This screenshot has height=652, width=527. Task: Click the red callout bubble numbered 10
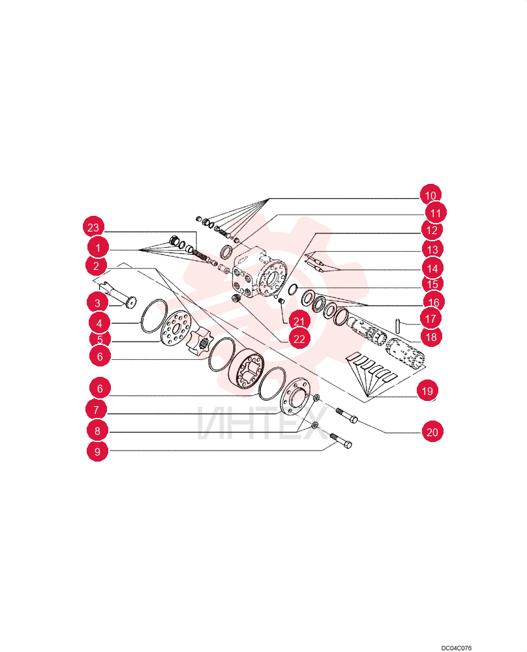click(x=430, y=195)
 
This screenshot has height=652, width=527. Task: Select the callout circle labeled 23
click(x=93, y=228)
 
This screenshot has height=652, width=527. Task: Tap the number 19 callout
click(x=427, y=391)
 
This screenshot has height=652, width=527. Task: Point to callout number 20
click(x=432, y=432)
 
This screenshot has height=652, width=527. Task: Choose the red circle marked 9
click(x=97, y=451)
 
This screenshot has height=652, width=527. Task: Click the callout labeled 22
click(x=299, y=339)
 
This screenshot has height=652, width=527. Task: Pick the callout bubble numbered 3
click(x=97, y=303)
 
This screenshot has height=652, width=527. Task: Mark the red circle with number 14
click(x=432, y=268)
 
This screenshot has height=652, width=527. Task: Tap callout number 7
click(x=96, y=409)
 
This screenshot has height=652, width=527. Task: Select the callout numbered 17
click(x=430, y=319)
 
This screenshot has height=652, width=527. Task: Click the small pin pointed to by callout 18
click(x=398, y=325)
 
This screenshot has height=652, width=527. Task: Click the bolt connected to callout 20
click(x=346, y=415)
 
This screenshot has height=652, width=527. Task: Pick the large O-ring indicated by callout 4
click(x=153, y=316)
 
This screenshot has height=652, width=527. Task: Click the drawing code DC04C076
click(x=457, y=648)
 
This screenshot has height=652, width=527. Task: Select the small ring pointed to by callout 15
click(x=293, y=288)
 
